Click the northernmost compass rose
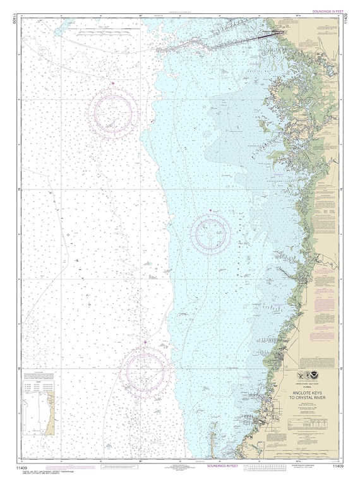114,112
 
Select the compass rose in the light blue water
211,232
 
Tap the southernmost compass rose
145,369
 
